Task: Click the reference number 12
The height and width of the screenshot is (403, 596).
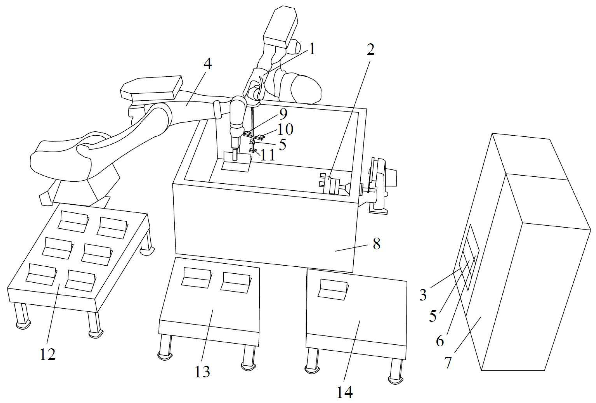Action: [x=48, y=354]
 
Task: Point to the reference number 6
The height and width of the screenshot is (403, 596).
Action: [x=440, y=341]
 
